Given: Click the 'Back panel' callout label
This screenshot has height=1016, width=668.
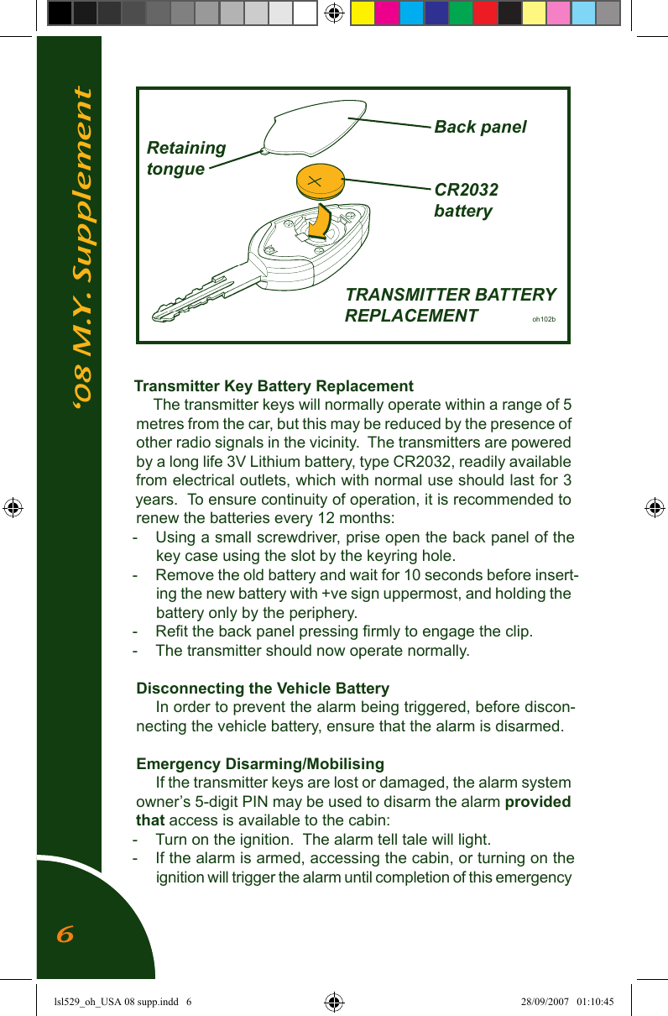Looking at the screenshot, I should point(480,127).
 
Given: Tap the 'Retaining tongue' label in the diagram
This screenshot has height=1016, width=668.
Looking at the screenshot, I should point(185,158).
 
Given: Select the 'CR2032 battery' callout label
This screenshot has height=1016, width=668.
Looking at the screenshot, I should point(466,200).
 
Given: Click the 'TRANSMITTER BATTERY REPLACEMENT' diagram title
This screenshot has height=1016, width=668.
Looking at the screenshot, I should point(450,305).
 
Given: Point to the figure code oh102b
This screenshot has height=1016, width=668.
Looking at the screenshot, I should point(544,320).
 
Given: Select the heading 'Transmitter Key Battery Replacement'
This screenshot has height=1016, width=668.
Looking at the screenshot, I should point(274,386).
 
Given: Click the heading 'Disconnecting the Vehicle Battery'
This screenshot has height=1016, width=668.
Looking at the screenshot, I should point(263,689).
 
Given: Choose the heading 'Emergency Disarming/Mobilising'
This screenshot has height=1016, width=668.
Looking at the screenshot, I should point(260,764).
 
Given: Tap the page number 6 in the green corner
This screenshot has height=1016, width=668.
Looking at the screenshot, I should point(65,934).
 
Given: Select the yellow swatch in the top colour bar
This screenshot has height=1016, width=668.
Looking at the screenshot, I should point(363,13).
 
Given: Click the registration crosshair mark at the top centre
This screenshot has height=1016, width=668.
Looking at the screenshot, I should point(334,13).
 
